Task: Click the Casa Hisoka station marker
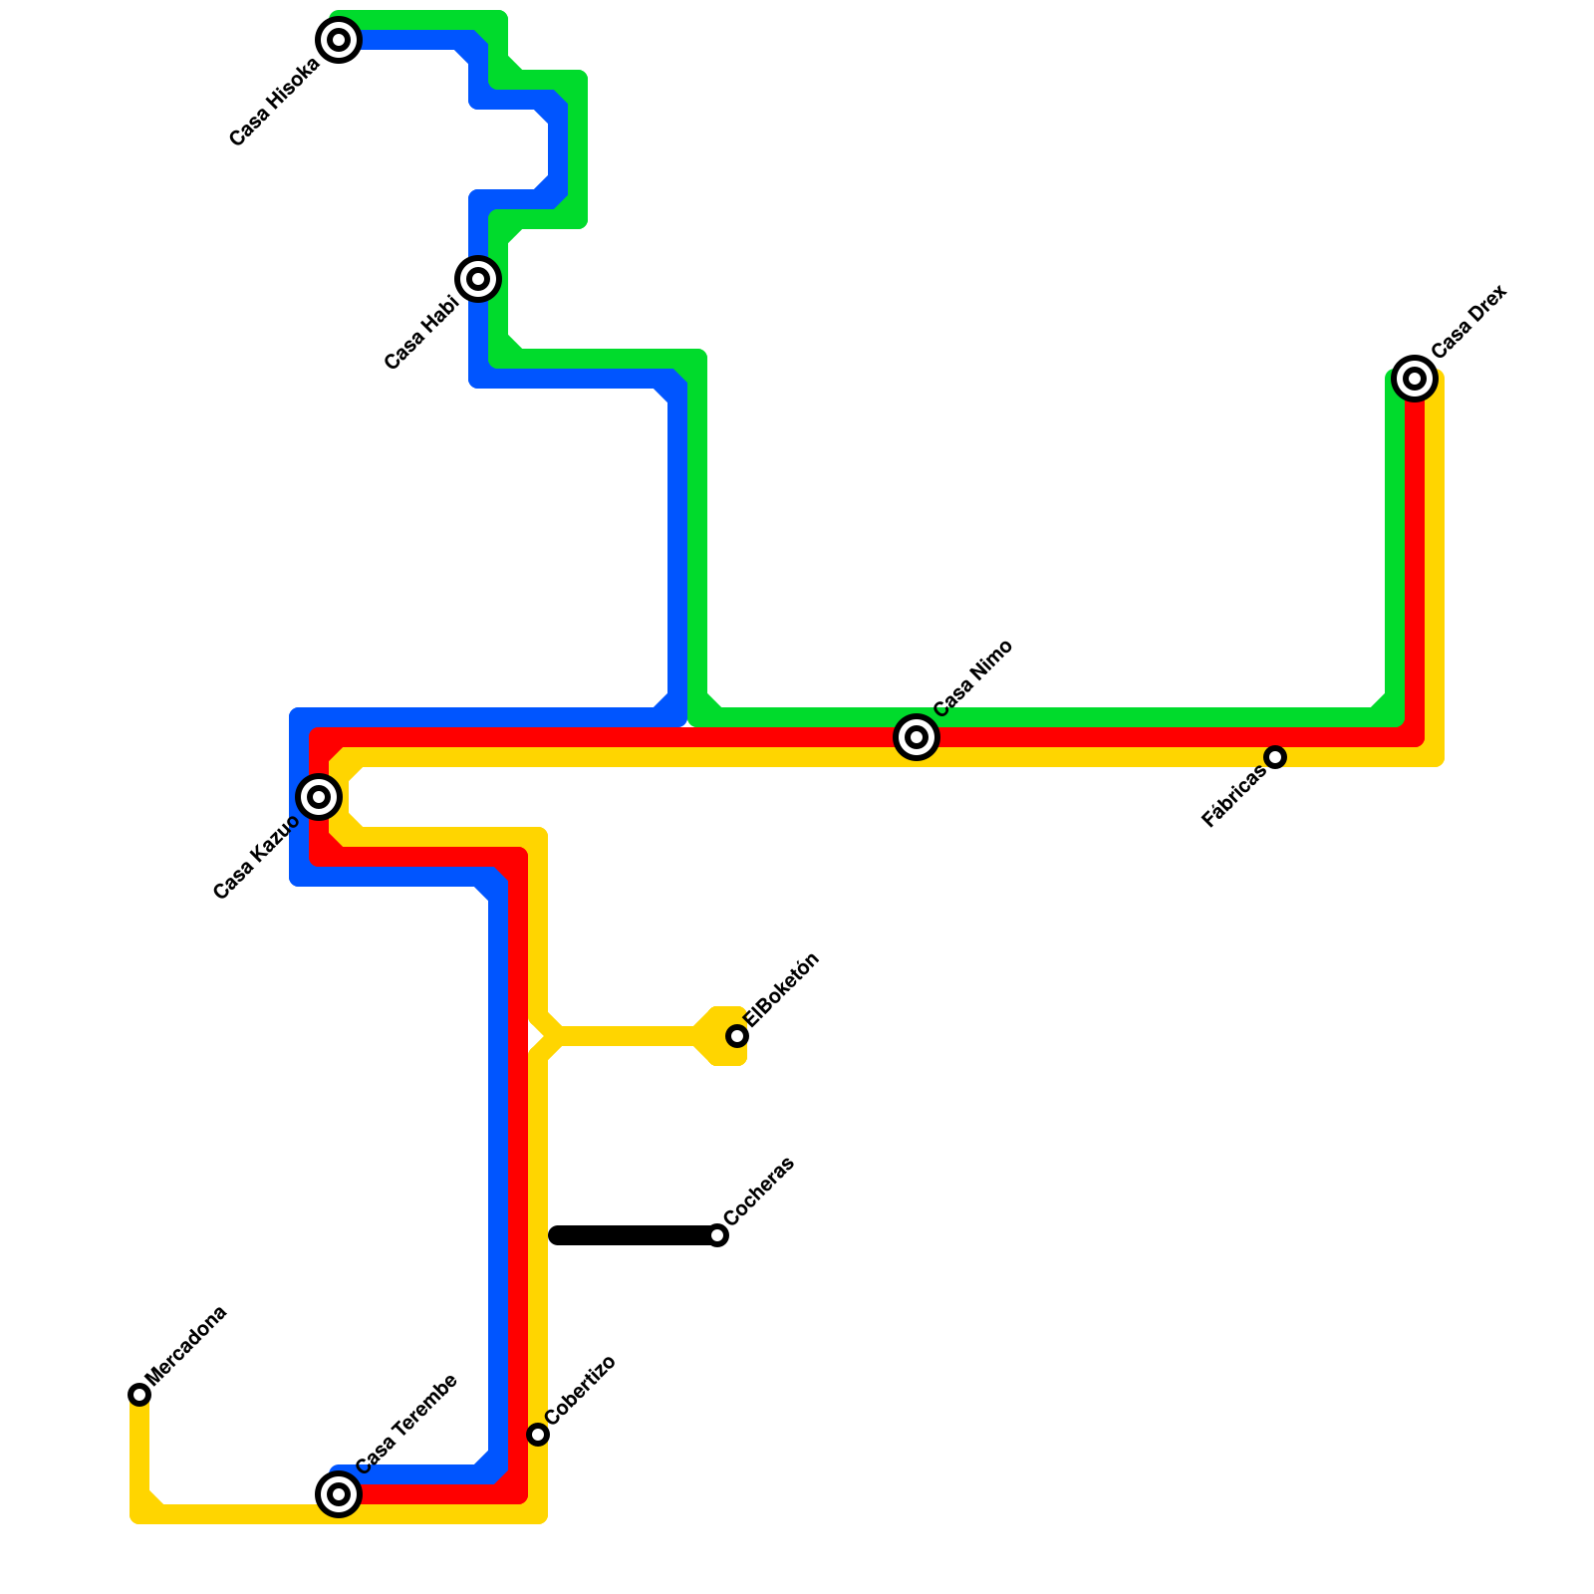(x=339, y=40)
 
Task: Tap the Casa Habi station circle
(x=478, y=278)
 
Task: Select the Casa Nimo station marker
(x=917, y=737)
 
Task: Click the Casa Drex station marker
(x=1414, y=379)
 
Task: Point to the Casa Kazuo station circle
(x=319, y=796)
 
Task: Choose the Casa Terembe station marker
(x=339, y=1494)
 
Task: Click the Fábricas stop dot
(x=1275, y=757)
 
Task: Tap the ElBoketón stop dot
(x=737, y=1036)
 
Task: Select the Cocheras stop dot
(x=717, y=1235)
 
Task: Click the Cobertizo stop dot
(x=538, y=1435)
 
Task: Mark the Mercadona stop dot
(x=139, y=1395)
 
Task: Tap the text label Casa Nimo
(x=973, y=677)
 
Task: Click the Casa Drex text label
(x=1469, y=321)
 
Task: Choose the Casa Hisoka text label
(x=274, y=103)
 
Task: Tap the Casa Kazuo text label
(x=256, y=858)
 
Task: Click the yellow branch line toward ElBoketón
(x=628, y=1036)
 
